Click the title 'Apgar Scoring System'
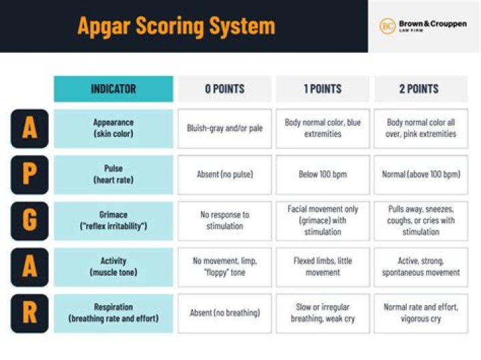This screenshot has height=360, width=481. coord(176,26)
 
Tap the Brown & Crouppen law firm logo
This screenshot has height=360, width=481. coord(424,27)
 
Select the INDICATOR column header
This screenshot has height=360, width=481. coord(113,89)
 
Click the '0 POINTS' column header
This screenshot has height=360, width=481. coord(224,89)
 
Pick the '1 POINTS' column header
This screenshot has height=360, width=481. coord(322,89)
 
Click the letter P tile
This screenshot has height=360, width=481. coord(29,175)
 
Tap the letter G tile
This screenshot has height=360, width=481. coord(29,221)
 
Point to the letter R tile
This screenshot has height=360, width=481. coord(29,313)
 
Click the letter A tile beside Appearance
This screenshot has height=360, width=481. coord(29,128)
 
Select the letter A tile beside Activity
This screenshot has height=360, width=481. coord(29,267)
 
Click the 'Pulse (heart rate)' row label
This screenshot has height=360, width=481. coord(113,175)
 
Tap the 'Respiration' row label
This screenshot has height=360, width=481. coord(113,313)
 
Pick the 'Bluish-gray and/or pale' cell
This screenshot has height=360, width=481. coord(224,128)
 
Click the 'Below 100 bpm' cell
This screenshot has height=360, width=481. coord(322,175)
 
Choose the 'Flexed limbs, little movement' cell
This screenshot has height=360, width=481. coord(322,267)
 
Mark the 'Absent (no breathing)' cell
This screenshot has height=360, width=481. coord(224,313)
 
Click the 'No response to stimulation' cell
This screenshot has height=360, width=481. coord(224,221)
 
